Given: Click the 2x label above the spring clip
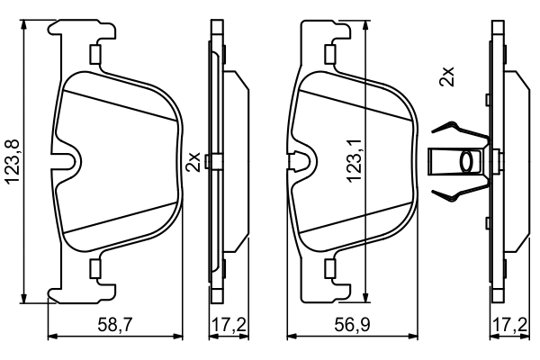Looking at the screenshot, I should click(445, 76).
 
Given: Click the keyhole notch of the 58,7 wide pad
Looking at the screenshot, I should click(67, 161).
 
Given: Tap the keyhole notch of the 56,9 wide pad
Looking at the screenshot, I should click(304, 161).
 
